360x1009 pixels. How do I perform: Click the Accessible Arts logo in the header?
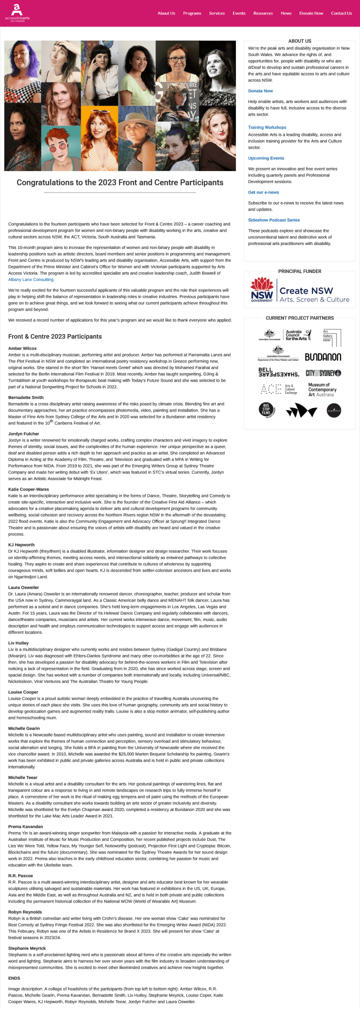17,13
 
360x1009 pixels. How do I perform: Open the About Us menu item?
166,13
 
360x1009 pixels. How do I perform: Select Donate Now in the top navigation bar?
311,13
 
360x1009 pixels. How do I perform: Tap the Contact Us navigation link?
341,13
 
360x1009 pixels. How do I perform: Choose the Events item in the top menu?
239,13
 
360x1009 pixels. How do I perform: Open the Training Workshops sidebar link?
267,127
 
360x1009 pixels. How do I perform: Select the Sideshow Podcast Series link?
273,220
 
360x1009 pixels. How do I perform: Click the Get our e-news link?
263,192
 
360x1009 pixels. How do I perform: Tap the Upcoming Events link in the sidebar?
266,158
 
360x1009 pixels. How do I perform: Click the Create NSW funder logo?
299,291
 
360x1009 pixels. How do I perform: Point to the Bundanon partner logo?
322,357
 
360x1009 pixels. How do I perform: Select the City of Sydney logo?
323,373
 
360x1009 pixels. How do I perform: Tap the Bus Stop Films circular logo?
266,410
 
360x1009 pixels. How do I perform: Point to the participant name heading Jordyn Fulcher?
23,434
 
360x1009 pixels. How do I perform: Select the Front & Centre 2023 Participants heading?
55,336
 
